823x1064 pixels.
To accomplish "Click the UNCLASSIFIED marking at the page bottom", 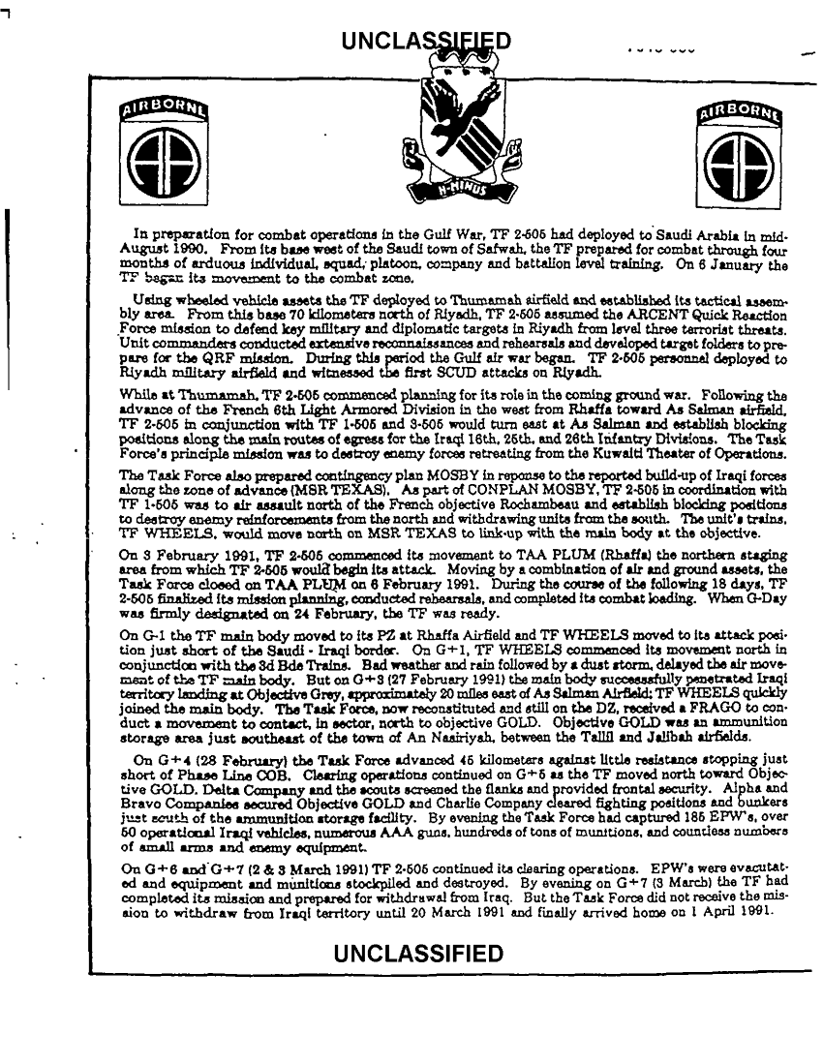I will pyautogui.click(x=417, y=927).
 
